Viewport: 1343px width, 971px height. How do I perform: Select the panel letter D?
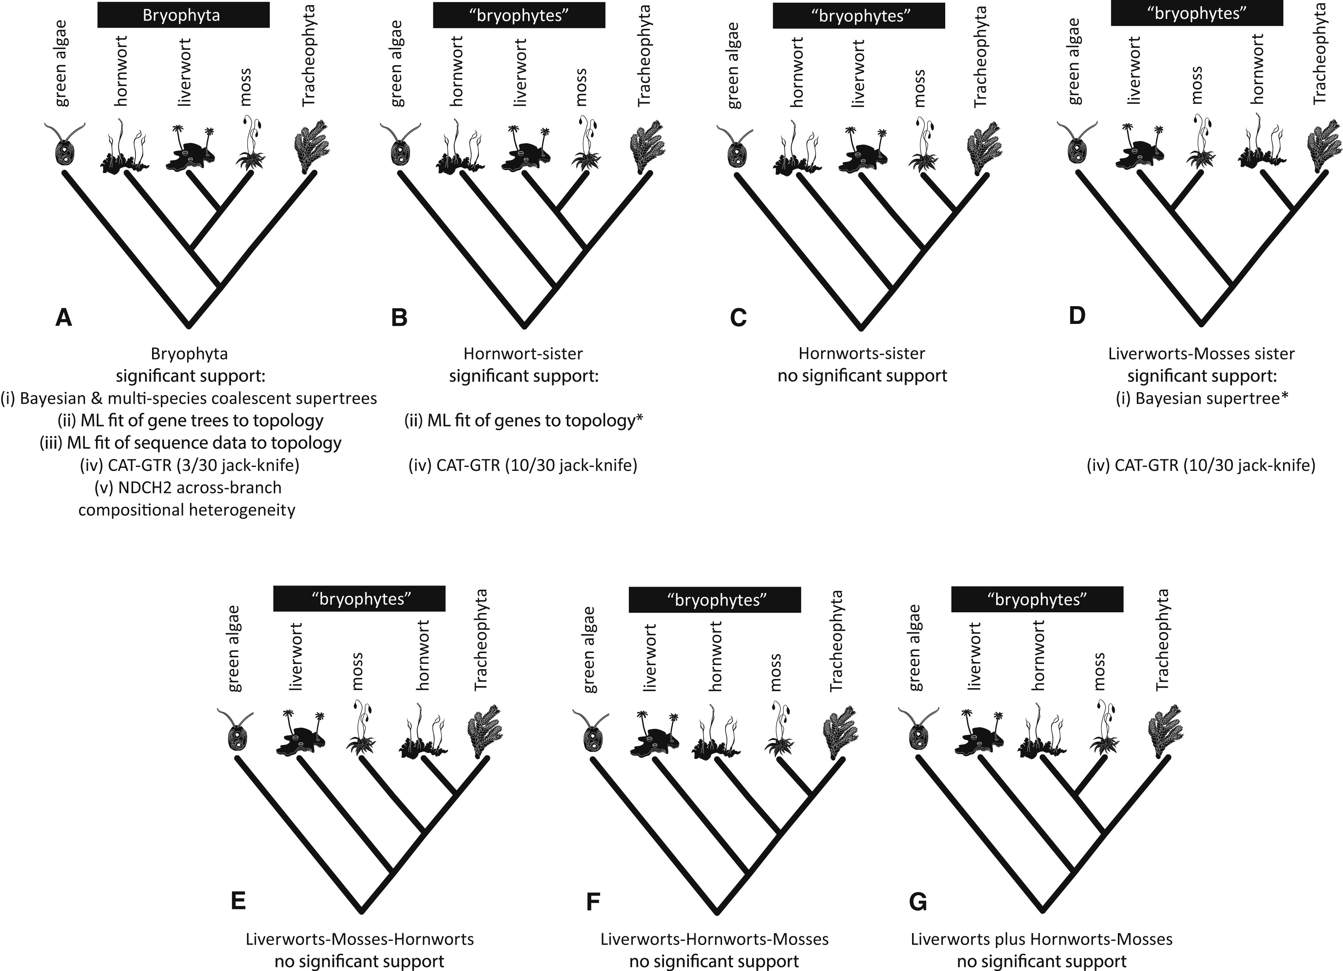[1076, 316]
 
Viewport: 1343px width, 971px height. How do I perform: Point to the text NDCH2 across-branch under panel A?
[188, 487]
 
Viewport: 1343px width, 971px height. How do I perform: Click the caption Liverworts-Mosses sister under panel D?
[1201, 354]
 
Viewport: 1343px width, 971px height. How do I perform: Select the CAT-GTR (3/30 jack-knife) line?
[190, 465]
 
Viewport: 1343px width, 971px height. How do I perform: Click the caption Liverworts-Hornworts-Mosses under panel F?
[714, 939]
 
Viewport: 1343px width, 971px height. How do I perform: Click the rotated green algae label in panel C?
[733, 65]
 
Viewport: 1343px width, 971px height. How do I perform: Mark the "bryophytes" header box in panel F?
[714, 600]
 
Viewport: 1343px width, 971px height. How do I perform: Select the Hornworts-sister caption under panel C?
[861, 354]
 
